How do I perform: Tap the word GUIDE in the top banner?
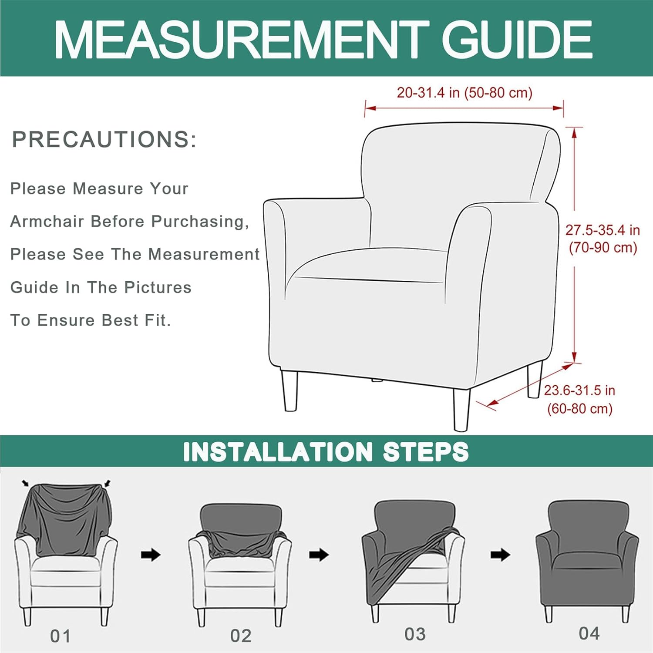pyautogui.click(x=517, y=40)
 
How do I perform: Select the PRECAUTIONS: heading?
pyautogui.click(x=104, y=139)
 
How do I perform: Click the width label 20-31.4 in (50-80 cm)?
pyautogui.click(x=465, y=93)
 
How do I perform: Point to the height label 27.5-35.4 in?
pyautogui.click(x=603, y=230)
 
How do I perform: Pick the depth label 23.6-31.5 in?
pyautogui.click(x=579, y=390)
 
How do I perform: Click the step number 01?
pyautogui.click(x=61, y=636)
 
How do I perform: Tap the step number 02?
pyautogui.click(x=241, y=636)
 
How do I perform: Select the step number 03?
pyautogui.click(x=415, y=634)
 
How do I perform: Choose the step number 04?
pyautogui.click(x=589, y=633)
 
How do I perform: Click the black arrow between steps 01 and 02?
pyautogui.click(x=151, y=555)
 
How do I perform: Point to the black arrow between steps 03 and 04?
pyautogui.click(x=500, y=555)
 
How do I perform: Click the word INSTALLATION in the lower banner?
pyautogui.click(x=278, y=451)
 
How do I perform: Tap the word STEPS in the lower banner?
pyautogui.click(x=426, y=451)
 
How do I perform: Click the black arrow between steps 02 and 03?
pyautogui.click(x=319, y=555)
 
